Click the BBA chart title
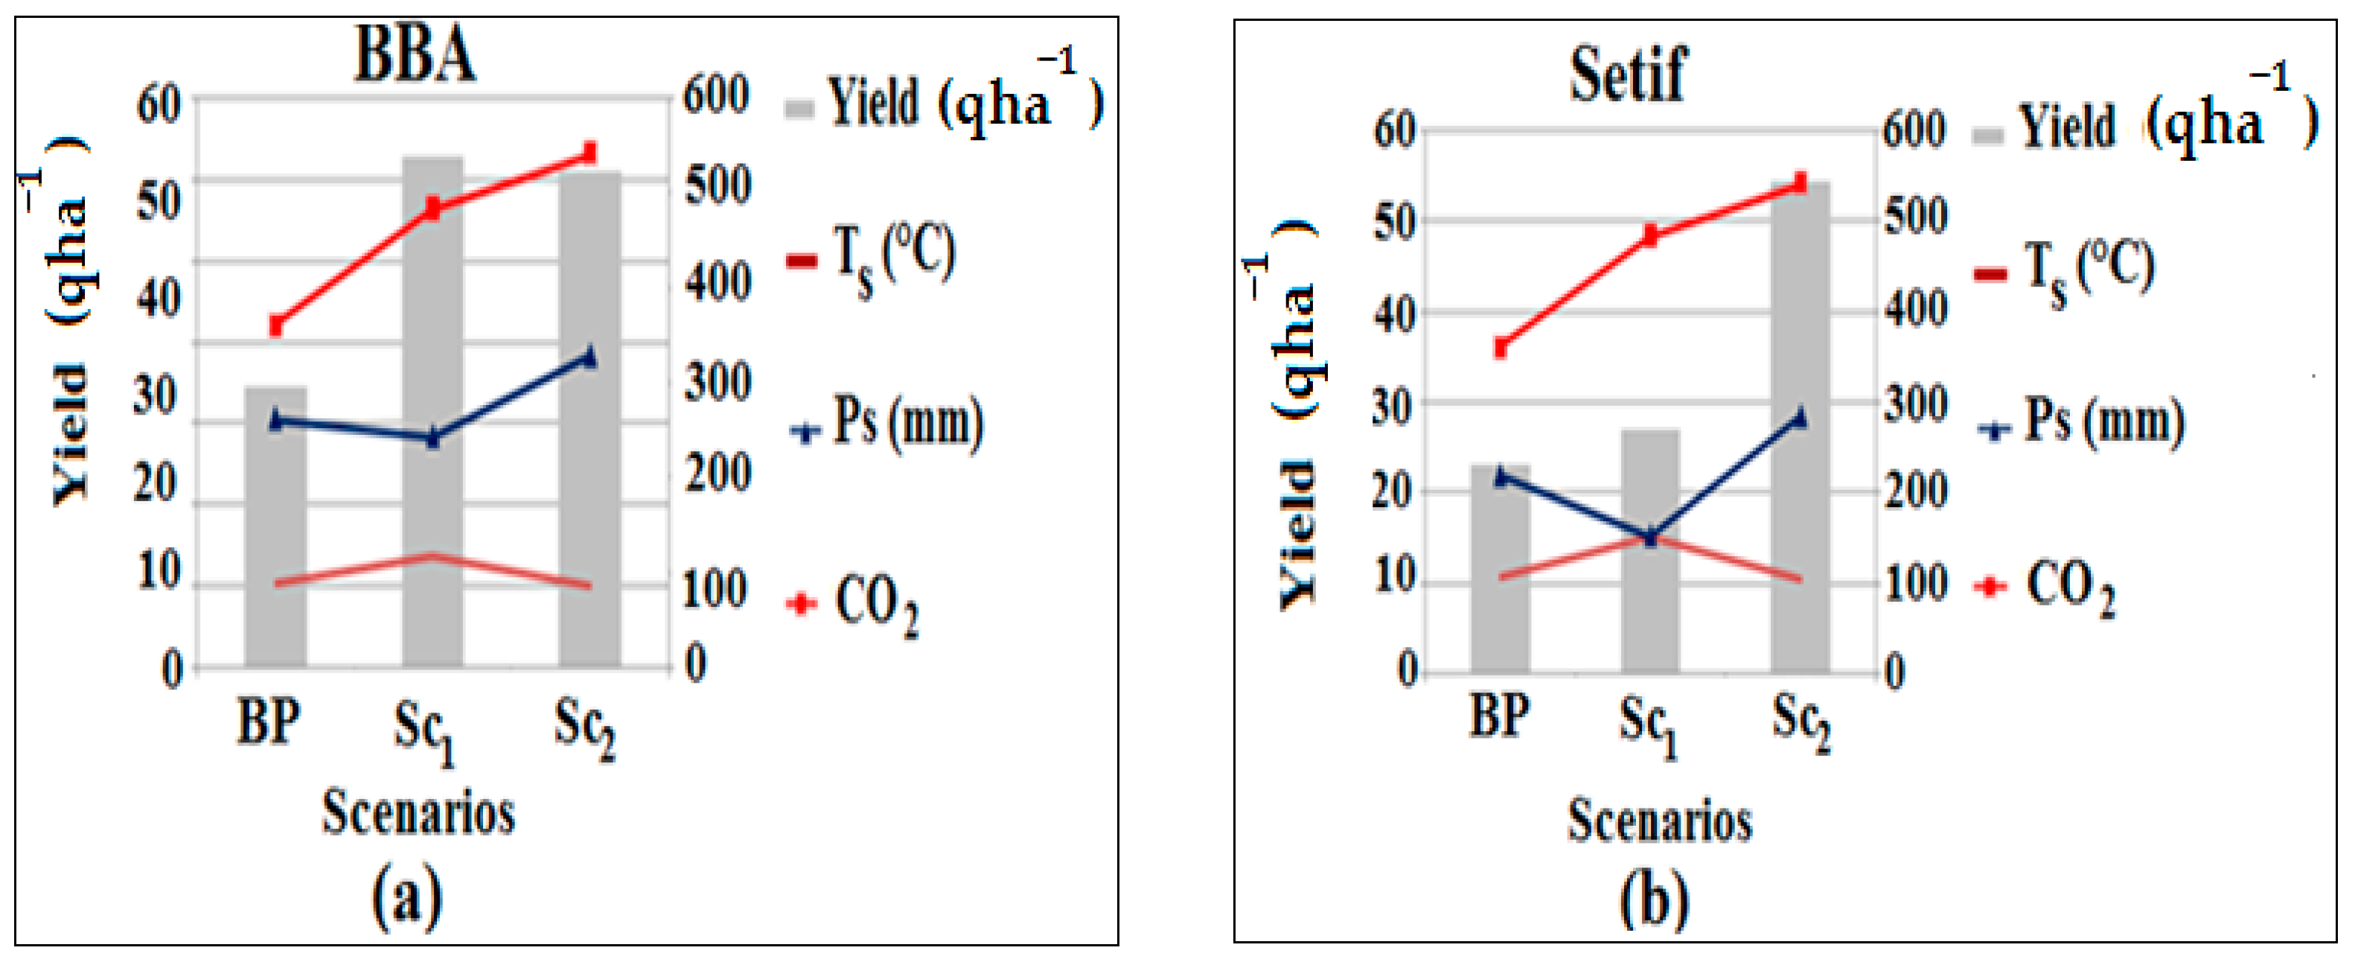[x=415, y=55]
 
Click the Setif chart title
[x=1628, y=75]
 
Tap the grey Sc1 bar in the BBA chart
[x=433, y=412]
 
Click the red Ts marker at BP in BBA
[x=275, y=326]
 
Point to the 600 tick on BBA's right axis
[x=716, y=95]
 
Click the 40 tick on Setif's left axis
[x=1394, y=314]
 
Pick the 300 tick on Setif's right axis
[x=1915, y=403]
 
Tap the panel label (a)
[x=406, y=897]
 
